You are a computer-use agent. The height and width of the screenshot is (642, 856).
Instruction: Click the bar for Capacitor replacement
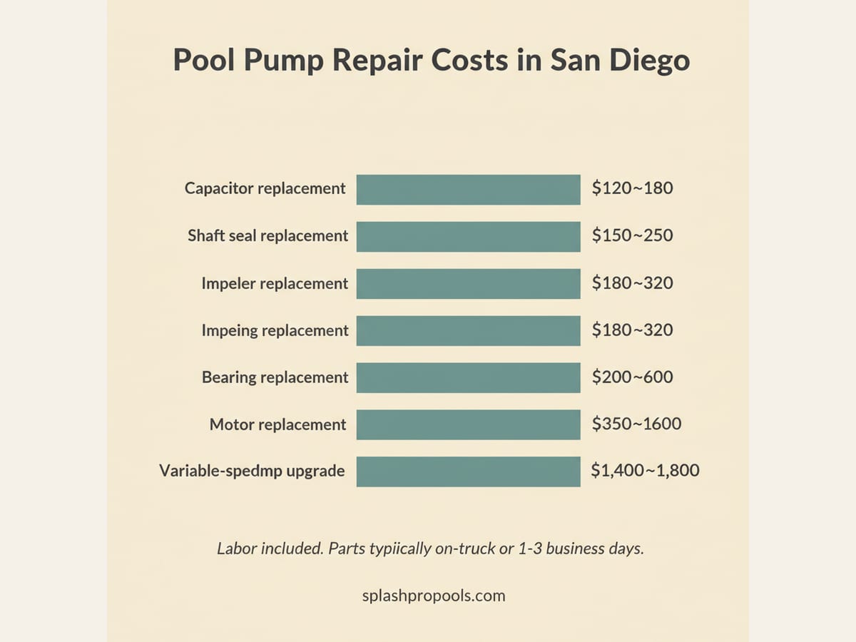tap(468, 189)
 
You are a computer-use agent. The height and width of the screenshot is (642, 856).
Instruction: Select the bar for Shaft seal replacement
tap(468, 236)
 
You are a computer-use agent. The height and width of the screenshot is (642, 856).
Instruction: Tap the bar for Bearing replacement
tap(468, 377)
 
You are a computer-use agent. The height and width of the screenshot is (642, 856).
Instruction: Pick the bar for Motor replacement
tap(468, 424)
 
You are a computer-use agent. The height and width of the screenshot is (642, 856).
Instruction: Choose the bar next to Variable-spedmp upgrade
tap(468, 472)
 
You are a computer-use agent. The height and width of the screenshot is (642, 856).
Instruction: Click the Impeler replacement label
tap(275, 284)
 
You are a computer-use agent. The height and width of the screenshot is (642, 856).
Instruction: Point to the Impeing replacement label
tap(275, 331)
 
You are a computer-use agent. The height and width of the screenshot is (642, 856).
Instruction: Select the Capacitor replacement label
tap(265, 189)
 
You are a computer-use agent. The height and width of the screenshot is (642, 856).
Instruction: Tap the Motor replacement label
tap(277, 425)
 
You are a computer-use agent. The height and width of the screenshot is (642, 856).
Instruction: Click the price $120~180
tap(632, 189)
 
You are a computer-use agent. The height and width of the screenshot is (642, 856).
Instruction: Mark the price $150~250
tap(632, 236)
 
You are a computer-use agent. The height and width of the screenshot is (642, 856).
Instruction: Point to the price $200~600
tap(632, 377)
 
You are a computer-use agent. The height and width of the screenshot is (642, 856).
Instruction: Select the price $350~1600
tap(636, 424)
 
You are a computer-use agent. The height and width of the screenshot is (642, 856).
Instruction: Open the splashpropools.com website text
tap(434, 596)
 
